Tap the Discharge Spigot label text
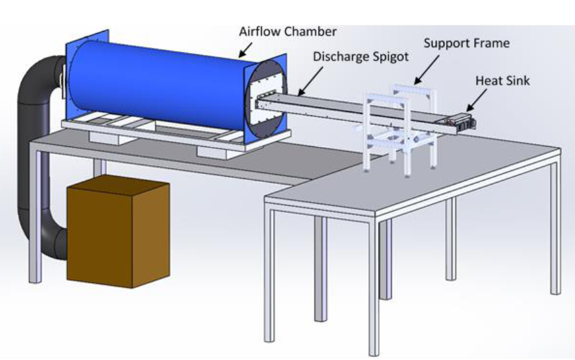pos(361,56)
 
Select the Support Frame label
pos(466,43)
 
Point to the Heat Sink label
pos(502,81)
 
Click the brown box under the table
pos(118,233)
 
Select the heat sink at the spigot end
pos(464,120)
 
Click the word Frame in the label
pos(492,43)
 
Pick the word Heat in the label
pos(489,81)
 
